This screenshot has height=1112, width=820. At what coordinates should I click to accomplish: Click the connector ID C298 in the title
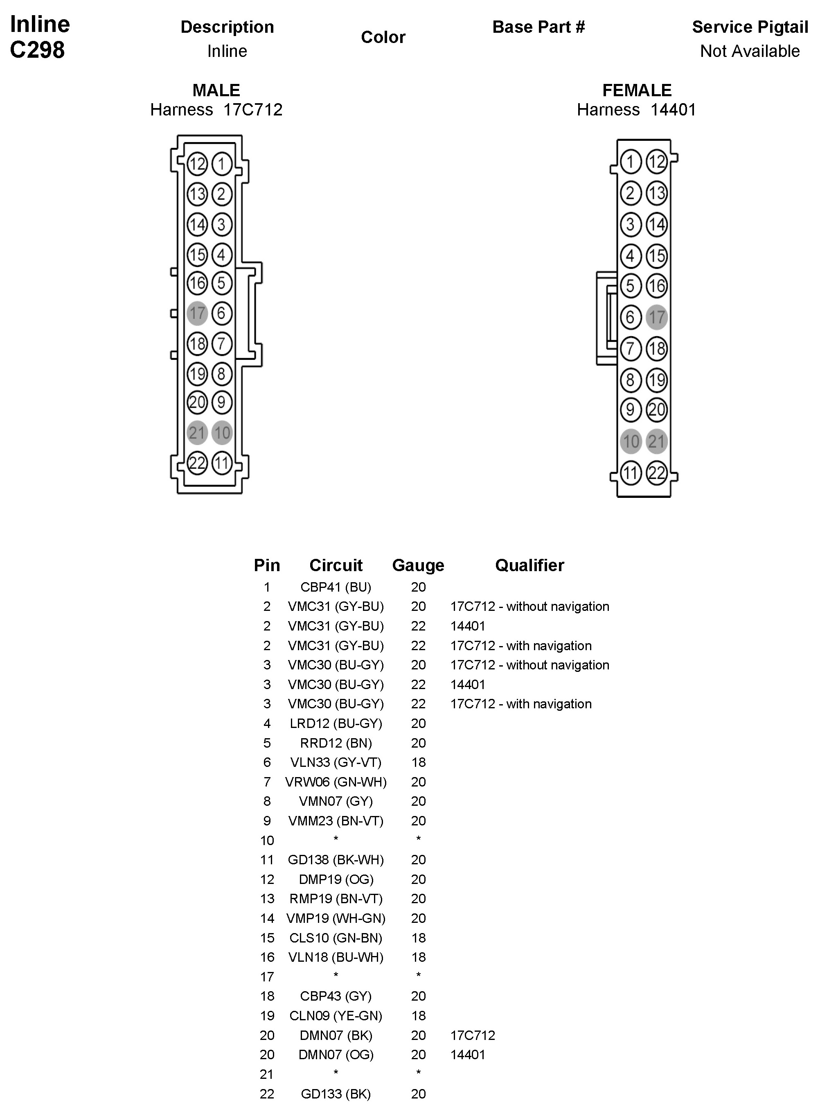(x=37, y=50)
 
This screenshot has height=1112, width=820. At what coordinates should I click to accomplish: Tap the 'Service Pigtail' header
(x=750, y=27)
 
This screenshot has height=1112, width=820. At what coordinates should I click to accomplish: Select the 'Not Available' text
(x=750, y=51)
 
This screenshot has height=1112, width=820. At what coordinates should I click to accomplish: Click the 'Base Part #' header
(x=538, y=27)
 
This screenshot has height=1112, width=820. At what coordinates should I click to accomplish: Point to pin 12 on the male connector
(x=197, y=164)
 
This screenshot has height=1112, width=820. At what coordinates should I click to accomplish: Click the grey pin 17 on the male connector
(x=197, y=313)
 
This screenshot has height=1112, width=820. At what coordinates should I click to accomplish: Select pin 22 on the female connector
(x=657, y=472)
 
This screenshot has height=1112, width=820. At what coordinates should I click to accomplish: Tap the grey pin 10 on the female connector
(x=631, y=441)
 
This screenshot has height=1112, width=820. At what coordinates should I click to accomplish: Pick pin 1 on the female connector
(x=631, y=162)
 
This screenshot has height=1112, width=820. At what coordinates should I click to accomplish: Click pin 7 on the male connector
(x=222, y=344)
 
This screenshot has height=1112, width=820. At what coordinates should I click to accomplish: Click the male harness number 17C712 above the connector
(x=252, y=110)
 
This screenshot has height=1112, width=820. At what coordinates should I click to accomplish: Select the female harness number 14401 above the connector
(x=673, y=110)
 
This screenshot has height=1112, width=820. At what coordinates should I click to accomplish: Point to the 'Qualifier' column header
(x=529, y=565)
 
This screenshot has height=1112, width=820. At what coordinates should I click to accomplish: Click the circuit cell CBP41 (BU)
(x=336, y=587)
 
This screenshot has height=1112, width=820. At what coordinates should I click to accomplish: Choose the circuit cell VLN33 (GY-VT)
(x=336, y=762)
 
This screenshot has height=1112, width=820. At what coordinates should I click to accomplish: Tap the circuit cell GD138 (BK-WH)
(x=336, y=860)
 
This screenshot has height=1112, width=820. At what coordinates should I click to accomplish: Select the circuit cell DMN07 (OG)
(x=336, y=1054)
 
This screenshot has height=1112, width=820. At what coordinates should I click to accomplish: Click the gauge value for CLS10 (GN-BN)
(x=419, y=938)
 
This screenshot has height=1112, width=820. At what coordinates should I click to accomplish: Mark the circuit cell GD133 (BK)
(x=336, y=1094)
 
